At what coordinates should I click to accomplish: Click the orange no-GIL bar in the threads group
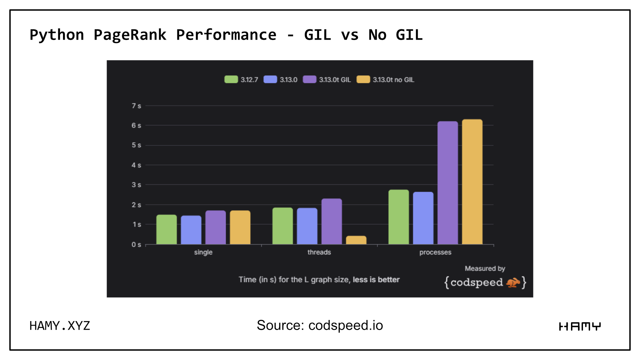coord(356,240)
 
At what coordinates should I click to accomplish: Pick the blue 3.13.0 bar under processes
coord(423,218)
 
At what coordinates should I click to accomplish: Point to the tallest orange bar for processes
coord(472,182)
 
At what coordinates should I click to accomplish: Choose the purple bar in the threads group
coord(331,221)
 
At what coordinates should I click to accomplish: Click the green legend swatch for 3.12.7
coord(231,79)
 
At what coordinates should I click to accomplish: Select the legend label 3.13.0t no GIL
coord(393,80)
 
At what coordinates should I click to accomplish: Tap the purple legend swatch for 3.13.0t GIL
coord(309,79)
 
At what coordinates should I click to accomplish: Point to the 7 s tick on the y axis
coord(136,106)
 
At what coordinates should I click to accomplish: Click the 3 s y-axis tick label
coord(136,185)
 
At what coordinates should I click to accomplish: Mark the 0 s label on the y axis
coord(136,244)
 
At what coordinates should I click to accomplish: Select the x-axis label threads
coord(319,252)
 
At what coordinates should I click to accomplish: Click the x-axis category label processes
coord(435,252)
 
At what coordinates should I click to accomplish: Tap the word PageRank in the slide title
coord(130,35)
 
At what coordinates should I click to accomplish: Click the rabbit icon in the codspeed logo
coord(513,282)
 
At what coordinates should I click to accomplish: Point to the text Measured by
coord(485,268)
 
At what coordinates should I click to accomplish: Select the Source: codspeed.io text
coord(320,325)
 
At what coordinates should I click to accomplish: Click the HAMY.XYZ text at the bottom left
coord(60,326)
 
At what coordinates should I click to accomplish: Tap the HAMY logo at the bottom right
coord(580,326)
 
